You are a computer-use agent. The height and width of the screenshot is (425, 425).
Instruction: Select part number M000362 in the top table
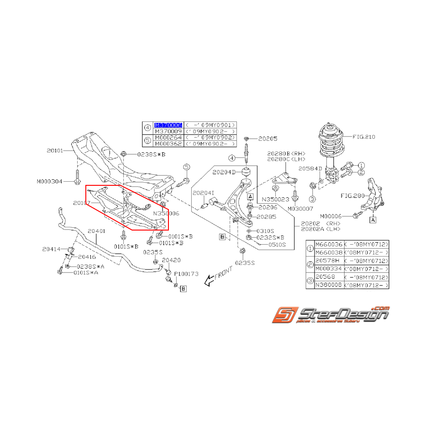click(168, 143)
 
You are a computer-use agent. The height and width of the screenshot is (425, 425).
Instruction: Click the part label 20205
click(268, 138)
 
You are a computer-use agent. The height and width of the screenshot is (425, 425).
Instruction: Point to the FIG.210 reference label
click(364, 136)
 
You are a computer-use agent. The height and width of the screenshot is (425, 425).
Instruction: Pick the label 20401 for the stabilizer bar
click(97, 231)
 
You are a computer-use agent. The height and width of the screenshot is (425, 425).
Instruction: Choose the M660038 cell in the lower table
click(328, 252)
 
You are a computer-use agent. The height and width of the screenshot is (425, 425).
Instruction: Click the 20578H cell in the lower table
click(326, 260)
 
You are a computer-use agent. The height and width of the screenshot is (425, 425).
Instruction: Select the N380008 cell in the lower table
click(328, 285)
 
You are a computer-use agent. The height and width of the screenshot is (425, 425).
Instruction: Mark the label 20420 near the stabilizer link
click(172, 260)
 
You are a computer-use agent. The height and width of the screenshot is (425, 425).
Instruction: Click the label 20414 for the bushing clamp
click(52, 249)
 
